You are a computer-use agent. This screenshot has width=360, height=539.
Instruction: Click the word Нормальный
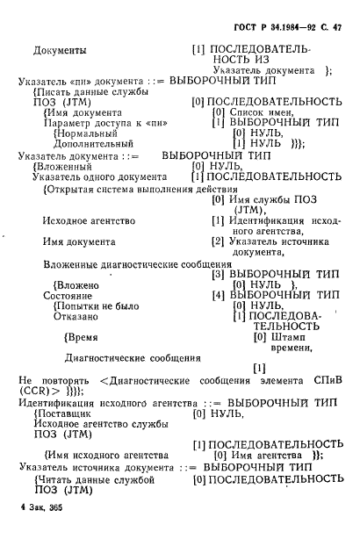[x=88, y=133]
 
